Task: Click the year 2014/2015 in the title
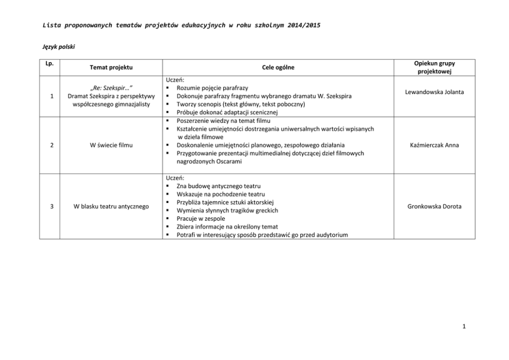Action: (302, 25)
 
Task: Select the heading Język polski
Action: (58, 47)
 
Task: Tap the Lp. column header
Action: (49, 64)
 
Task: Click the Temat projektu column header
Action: (111, 67)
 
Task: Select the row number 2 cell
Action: (49, 145)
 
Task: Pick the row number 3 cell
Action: (49, 206)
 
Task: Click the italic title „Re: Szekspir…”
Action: (111, 88)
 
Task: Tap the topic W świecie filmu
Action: (111, 145)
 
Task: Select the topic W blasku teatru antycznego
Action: (111, 206)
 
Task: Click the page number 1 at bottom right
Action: (463, 326)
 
